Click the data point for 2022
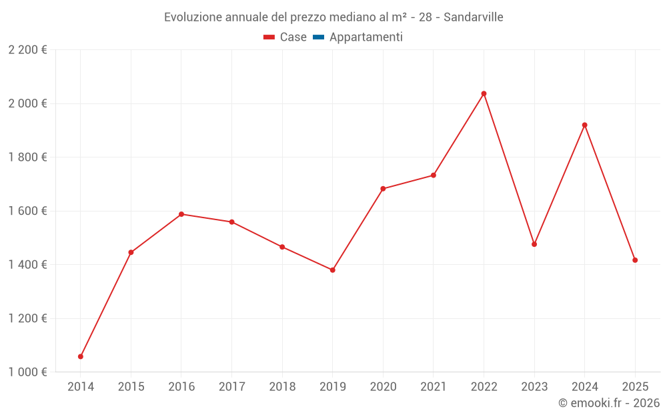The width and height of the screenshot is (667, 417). (x=484, y=93)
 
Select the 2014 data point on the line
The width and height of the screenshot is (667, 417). (x=81, y=356)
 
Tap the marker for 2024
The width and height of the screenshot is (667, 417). (x=584, y=125)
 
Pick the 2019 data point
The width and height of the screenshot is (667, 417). (x=332, y=270)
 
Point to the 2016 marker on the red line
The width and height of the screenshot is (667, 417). (x=181, y=214)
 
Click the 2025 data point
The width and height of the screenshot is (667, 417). (x=635, y=260)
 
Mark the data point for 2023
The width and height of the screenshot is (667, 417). (x=534, y=244)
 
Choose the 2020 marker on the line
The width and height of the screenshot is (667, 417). (x=383, y=189)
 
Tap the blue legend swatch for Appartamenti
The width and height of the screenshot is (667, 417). (x=318, y=37)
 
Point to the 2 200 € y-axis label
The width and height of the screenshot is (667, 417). (x=27, y=50)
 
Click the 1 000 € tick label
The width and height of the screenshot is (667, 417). (x=27, y=372)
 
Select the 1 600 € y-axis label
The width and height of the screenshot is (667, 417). (x=27, y=211)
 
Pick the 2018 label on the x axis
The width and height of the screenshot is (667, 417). (x=282, y=386)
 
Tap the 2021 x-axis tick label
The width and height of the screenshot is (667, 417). (x=434, y=386)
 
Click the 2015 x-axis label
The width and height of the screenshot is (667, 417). (x=131, y=386)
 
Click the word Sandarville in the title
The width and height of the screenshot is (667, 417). (x=473, y=17)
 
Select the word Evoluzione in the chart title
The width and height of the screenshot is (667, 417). (x=193, y=17)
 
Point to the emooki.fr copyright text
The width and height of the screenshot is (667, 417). (x=609, y=403)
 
